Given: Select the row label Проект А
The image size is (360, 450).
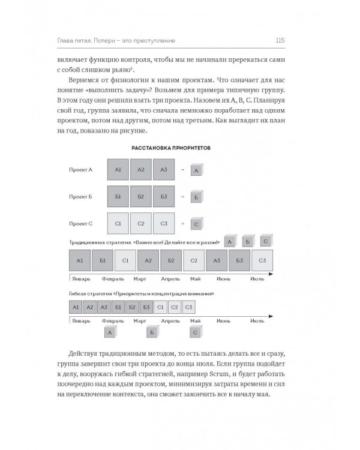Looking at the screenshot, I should (81, 170).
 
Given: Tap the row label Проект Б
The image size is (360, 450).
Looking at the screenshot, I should (81, 196).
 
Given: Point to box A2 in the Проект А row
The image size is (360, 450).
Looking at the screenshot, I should (141, 170).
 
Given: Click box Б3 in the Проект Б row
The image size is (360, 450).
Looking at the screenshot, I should (164, 196).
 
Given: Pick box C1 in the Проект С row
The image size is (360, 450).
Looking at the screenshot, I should (118, 223).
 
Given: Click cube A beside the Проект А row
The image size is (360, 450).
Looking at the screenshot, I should (196, 170).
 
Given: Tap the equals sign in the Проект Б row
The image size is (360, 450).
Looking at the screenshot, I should (182, 196).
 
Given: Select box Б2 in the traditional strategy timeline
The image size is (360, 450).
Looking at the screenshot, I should (171, 261).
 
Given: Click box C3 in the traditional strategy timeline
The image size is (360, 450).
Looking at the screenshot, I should (262, 261).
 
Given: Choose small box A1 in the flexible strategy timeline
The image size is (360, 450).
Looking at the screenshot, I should (76, 307).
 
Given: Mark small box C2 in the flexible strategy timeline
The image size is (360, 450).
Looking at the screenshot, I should (174, 307).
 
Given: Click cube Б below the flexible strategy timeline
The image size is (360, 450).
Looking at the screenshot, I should (152, 331).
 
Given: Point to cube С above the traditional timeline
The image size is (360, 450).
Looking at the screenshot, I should (265, 241).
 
